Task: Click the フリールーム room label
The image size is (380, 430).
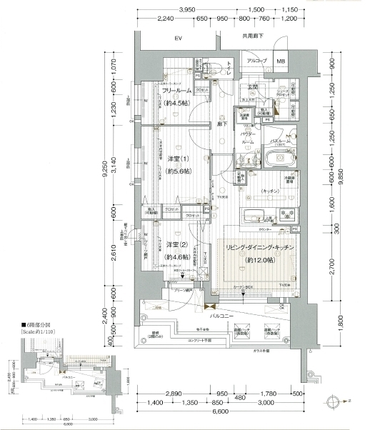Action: tap(176, 91)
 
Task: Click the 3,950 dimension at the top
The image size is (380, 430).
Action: tap(188, 9)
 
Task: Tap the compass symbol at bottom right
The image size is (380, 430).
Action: tap(333, 401)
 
